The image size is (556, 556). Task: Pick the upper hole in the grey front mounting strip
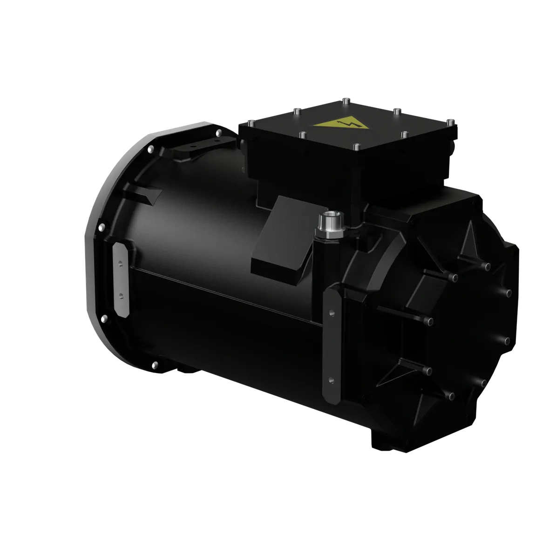pyautogui.click(x=121, y=264)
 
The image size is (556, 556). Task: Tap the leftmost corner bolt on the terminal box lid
pyautogui.click(x=251, y=123)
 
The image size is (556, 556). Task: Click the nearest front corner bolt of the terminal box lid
pyautogui.click(x=356, y=147)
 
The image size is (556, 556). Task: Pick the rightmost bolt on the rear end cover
pyautogui.click(x=508, y=293)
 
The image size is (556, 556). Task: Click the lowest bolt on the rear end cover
pyautogui.click(x=451, y=396)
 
